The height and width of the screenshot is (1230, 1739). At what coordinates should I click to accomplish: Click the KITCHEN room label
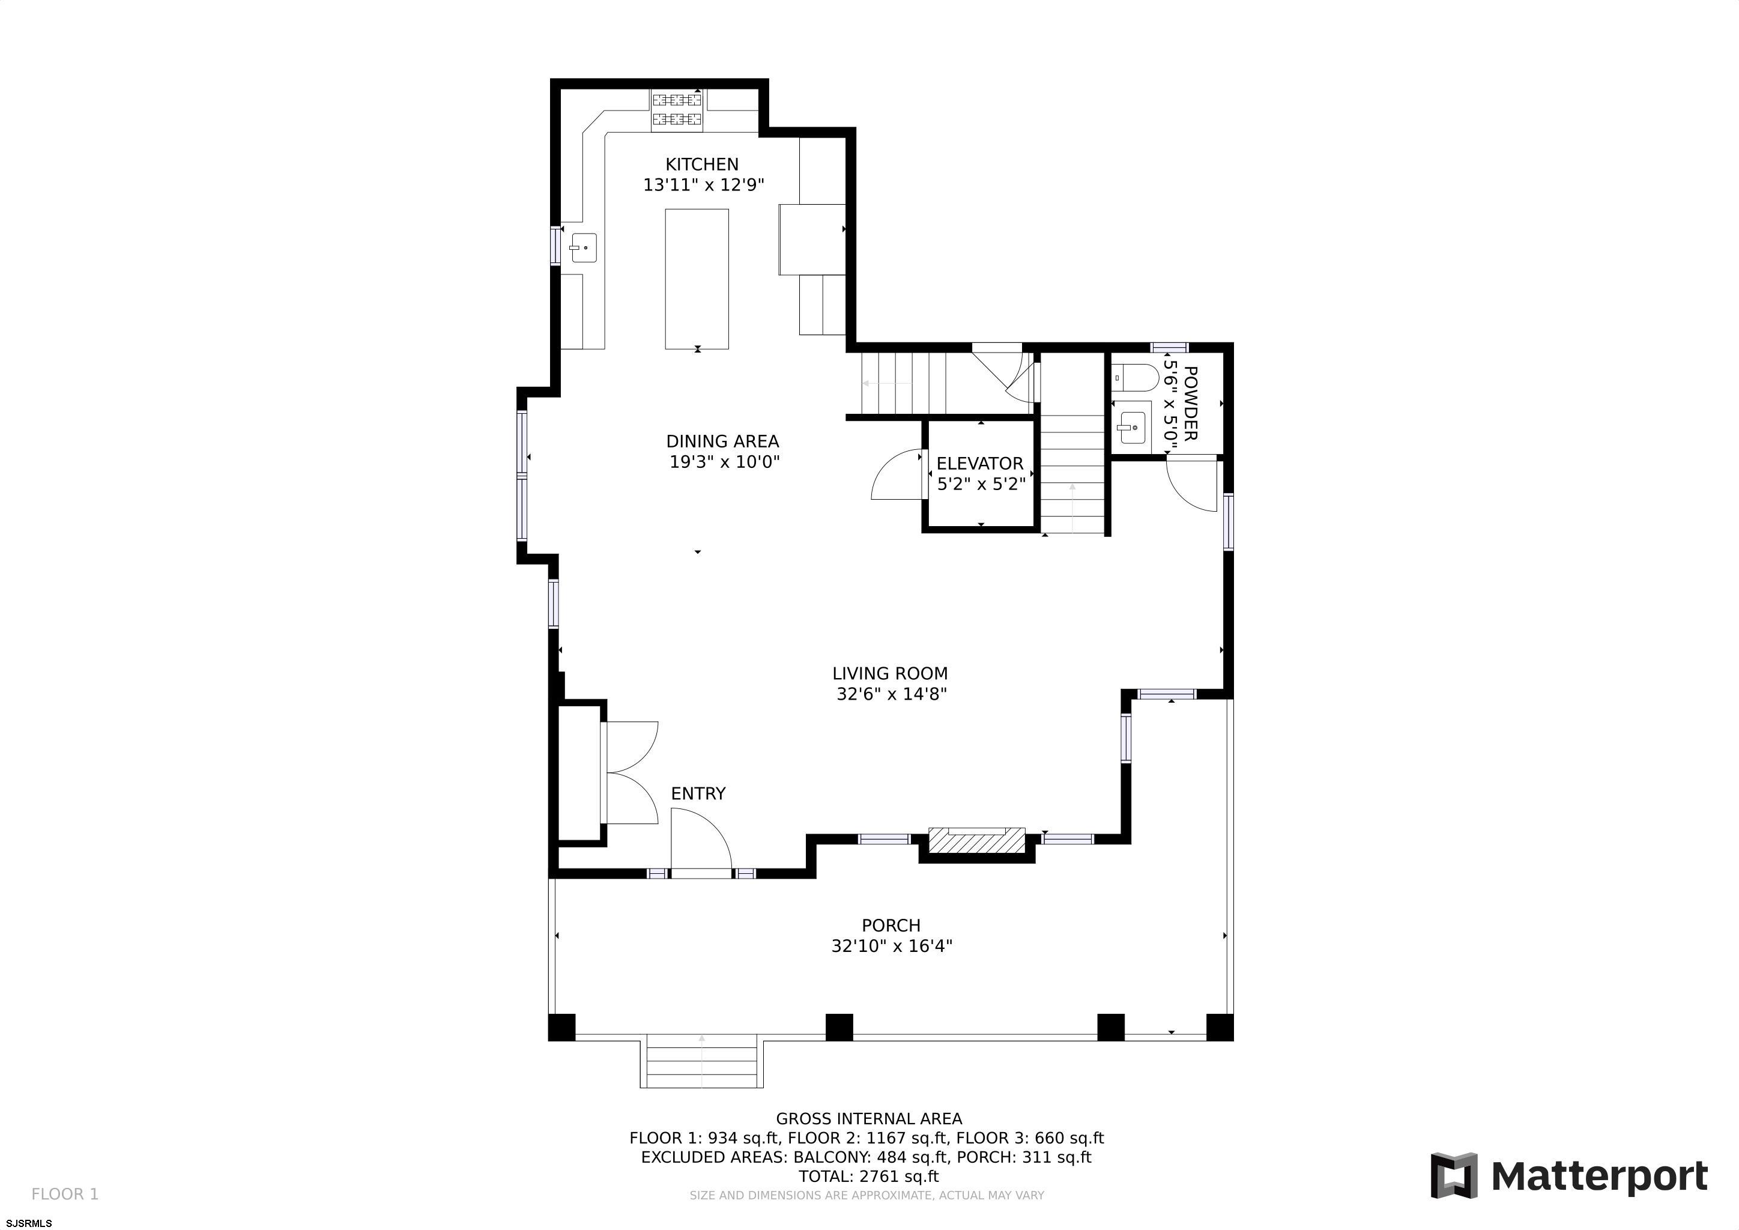pos(701,165)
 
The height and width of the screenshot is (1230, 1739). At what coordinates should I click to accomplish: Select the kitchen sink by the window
pos(583,247)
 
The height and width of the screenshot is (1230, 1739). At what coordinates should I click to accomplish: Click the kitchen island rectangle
pos(696,279)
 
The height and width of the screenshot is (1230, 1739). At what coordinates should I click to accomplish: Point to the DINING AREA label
pos(722,441)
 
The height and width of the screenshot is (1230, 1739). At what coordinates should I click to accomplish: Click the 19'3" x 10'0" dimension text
pos(724,462)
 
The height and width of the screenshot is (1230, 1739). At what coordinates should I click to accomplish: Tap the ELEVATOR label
pos(979,464)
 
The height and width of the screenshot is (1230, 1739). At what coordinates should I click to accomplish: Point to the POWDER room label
pos(1190,403)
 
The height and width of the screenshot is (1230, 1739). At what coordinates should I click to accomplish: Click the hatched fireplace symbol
pos(976,841)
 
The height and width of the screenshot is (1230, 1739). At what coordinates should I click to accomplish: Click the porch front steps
pos(701,1064)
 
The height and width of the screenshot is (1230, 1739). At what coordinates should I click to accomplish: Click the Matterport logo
pos(1568,1176)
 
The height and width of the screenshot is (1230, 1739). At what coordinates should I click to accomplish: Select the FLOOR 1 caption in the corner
pos(65,1195)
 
